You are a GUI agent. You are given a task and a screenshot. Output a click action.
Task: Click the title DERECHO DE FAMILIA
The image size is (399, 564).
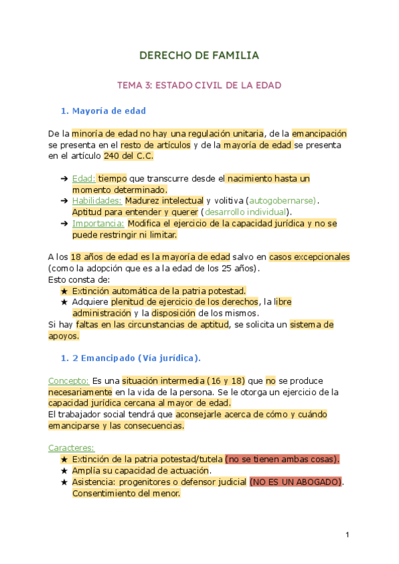pyautogui.click(x=199, y=55)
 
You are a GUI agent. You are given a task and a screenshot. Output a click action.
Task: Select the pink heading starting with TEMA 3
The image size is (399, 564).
pyautogui.click(x=199, y=85)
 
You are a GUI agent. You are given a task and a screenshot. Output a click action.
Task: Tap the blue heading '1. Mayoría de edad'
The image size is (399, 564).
pyautogui.click(x=103, y=110)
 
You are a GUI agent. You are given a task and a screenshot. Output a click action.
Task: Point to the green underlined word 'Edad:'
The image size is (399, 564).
pyautogui.click(x=83, y=178)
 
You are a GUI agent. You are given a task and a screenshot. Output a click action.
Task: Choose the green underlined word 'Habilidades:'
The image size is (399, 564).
pyautogui.click(x=96, y=200)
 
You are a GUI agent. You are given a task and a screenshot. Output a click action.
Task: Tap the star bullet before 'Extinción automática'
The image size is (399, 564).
pyautogui.click(x=64, y=291)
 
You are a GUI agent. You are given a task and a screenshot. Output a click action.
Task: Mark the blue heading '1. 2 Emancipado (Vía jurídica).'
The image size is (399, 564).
pyautogui.click(x=130, y=358)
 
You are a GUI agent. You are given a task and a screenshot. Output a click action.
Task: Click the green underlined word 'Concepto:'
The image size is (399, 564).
pyautogui.click(x=68, y=380)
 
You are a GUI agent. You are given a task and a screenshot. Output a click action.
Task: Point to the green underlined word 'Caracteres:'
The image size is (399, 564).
pyautogui.click(x=71, y=448)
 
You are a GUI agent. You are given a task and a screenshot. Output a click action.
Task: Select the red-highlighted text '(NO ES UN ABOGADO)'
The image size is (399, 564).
pyautogui.click(x=296, y=482)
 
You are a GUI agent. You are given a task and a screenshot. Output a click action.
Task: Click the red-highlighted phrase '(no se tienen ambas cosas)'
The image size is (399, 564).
pyautogui.click(x=282, y=459)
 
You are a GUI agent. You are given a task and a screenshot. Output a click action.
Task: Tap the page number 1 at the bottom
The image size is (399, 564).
pyautogui.click(x=347, y=535)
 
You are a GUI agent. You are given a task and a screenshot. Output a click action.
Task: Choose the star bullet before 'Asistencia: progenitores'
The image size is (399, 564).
pyautogui.click(x=64, y=482)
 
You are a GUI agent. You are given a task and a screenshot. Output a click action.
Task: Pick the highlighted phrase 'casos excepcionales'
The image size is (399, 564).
pyautogui.click(x=309, y=257)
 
